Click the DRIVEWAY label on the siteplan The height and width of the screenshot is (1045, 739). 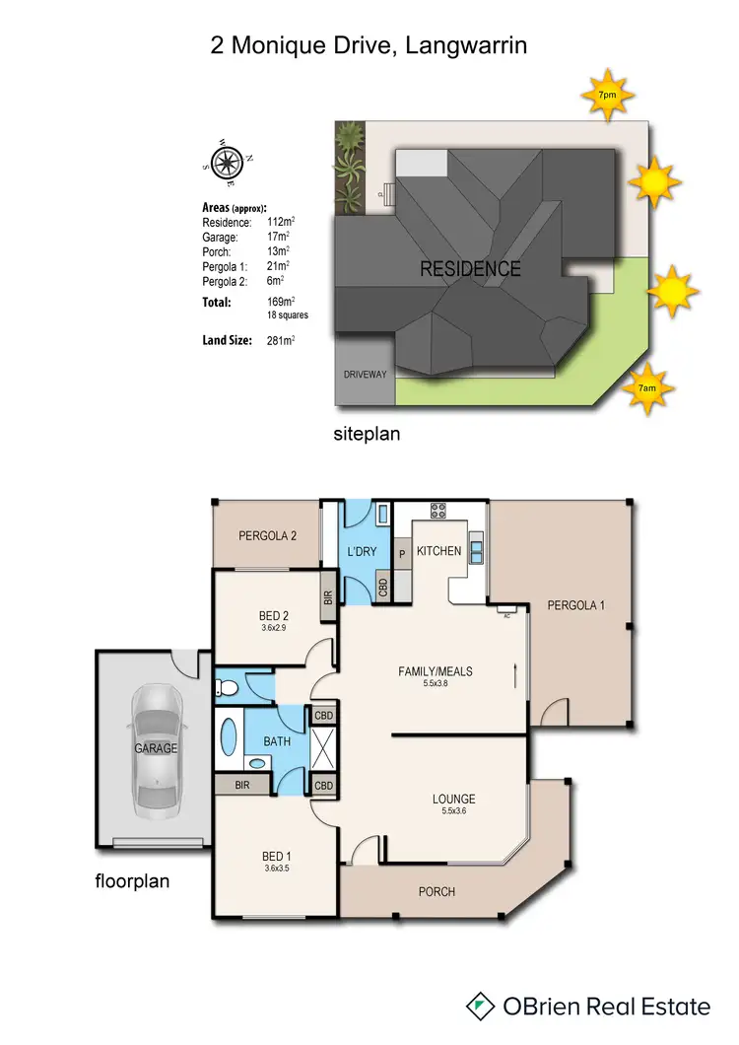coord(365,375)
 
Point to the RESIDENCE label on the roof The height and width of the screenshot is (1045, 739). coord(471,268)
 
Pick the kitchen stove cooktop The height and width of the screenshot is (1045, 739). coord(437,512)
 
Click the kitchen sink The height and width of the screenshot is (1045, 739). coord(477,547)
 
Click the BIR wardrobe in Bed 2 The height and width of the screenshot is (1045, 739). coord(327,597)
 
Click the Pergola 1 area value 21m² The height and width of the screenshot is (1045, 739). coord(278,265)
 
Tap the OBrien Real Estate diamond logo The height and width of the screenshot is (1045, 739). coord(480,1006)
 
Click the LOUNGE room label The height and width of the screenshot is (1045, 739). coord(453,799)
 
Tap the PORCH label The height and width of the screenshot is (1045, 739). coord(436,891)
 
